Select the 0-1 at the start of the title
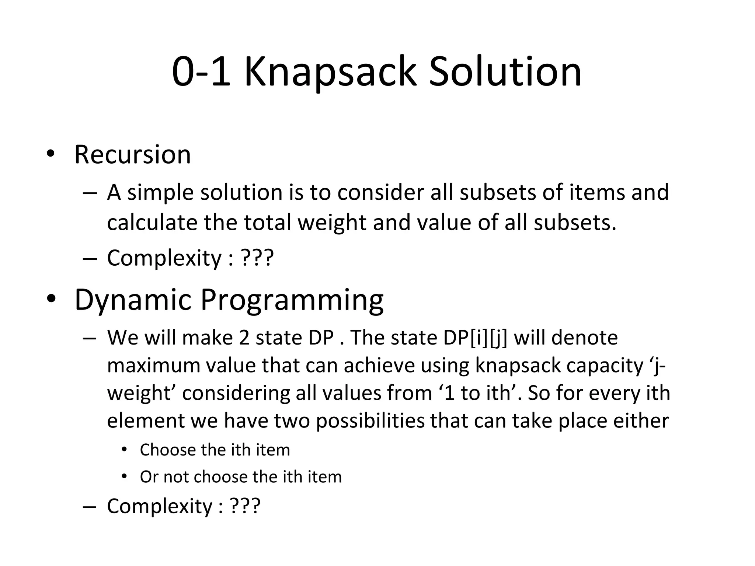click(x=201, y=72)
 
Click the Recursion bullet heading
click(x=133, y=155)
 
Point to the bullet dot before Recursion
click(x=51, y=154)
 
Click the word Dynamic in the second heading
click(x=133, y=300)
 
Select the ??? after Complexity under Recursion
click(x=257, y=258)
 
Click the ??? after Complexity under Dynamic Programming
click(x=245, y=506)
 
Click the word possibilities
click(x=370, y=421)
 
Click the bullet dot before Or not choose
click(x=124, y=476)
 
